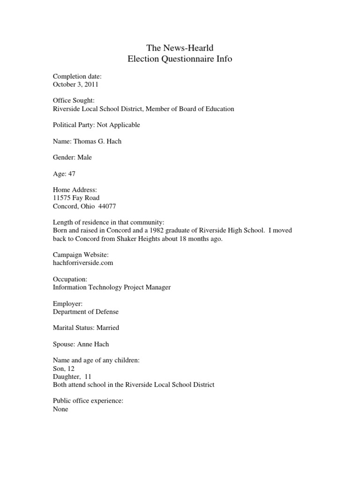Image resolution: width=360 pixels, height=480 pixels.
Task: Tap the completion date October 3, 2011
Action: tap(75, 85)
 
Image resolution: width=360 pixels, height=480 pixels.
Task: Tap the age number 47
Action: tap(72, 173)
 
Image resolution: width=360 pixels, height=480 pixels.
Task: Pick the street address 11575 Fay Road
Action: tap(76, 198)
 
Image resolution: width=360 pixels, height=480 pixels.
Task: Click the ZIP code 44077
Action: tap(107, 206)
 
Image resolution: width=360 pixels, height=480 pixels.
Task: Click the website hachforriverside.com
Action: tap(83, 263)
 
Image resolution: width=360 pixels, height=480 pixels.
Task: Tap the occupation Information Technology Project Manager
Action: tap(112, 287)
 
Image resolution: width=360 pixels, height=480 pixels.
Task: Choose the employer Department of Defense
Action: tap(86, 312)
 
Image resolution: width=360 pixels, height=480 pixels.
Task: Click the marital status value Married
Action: tap(108, 328)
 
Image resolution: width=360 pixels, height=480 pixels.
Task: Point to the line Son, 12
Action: tap(64, 368)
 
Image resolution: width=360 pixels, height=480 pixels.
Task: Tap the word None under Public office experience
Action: tap(60, 409)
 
